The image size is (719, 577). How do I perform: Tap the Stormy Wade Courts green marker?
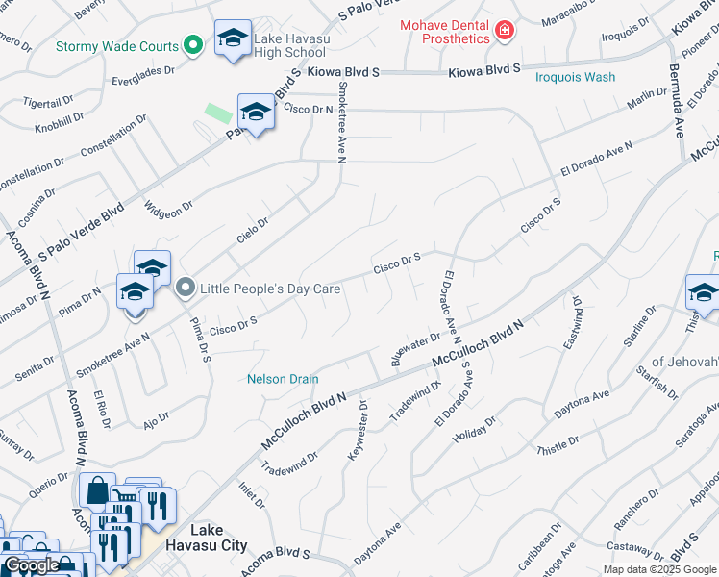click(192, 45)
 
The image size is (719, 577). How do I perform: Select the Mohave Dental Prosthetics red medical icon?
click(502, 32)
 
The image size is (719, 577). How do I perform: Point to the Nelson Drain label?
click(283, 379)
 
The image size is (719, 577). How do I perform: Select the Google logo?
click(32, 566)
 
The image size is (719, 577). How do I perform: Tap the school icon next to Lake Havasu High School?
click(233, 38)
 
